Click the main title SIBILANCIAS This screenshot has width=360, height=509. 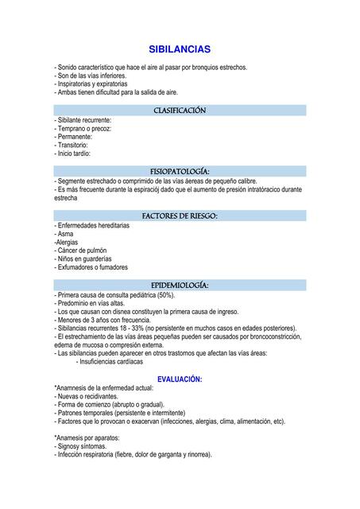[180, 49]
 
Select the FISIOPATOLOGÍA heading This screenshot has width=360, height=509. [180, 171]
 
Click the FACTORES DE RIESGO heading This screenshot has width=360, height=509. [180, 216]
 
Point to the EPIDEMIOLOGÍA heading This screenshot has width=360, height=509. [180, 285]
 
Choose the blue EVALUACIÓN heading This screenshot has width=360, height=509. [180, 379]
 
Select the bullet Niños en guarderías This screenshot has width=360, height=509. [83, 258]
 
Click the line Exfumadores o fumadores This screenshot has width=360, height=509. [91, 267]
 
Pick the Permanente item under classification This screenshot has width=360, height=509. [75, 137]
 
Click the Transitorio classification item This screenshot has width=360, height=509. [72, 145]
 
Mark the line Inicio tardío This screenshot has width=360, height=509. [72, 153]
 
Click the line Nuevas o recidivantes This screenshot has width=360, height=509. [86, 396]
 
